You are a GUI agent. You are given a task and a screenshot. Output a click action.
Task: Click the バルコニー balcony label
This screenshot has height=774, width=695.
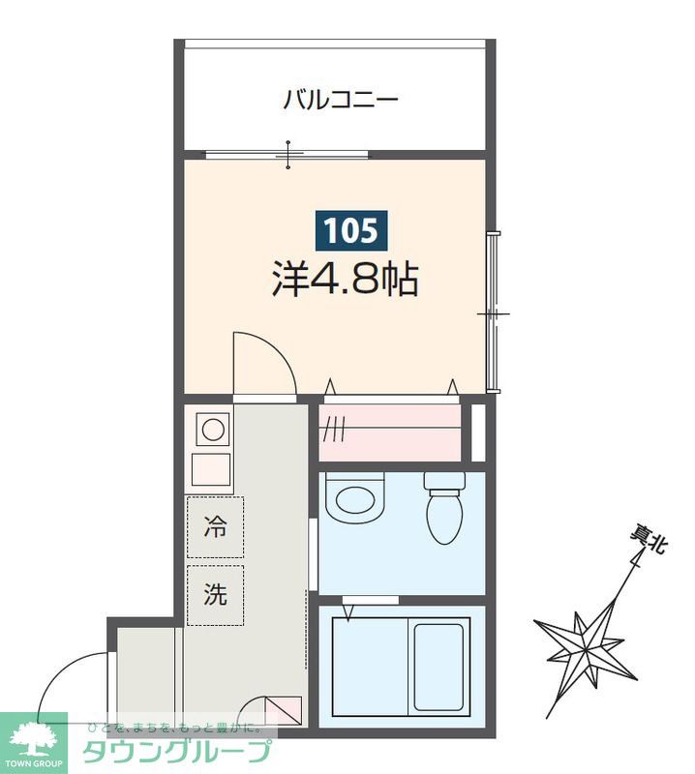coord(341,100)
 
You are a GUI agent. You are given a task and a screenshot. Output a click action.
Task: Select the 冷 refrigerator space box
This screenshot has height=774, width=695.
coord(215,527)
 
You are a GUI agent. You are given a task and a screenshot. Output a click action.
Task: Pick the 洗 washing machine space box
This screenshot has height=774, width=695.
coord(215,595)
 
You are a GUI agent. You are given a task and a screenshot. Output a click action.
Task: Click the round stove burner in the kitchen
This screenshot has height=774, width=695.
coord(212,429)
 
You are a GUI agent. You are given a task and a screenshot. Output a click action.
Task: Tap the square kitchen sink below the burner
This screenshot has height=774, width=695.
coord(212,469)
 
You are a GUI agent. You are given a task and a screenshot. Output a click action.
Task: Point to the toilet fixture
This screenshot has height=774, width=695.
coord(446,510)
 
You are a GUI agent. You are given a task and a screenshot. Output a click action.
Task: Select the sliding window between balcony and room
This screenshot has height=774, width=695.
coord(287,154)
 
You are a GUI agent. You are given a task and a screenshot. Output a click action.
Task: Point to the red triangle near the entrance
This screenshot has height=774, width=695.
coord(264,711)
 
